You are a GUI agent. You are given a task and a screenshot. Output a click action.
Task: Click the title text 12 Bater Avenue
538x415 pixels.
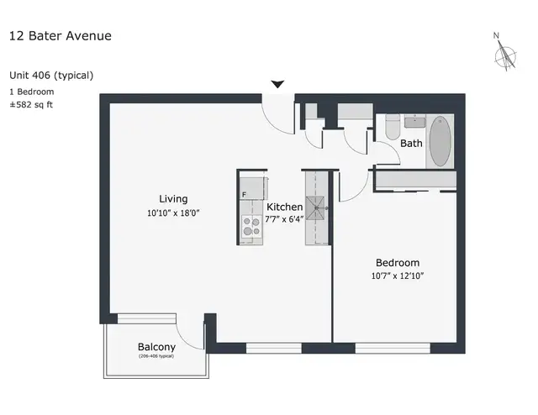point(60,35)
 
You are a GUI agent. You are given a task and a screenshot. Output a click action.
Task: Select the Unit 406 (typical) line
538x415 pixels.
point(50,75)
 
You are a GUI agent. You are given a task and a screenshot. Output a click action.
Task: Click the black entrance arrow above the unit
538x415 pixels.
point(277,84)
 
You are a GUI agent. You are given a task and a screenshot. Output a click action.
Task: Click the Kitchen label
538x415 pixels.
point(284,207)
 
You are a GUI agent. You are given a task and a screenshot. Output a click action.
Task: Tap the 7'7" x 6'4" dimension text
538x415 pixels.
point(284,220)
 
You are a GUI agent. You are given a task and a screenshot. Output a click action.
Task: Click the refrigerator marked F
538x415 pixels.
point(251,189)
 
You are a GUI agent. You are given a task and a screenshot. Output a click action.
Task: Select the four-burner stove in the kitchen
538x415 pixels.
point(251,225)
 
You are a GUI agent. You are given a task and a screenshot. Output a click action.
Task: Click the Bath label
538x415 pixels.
point(411,144)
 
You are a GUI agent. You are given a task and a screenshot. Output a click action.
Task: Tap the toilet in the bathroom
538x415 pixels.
point(392,129)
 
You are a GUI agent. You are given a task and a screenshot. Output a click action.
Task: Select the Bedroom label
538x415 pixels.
point(397,263)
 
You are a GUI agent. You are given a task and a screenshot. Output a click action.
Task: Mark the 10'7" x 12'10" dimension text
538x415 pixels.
point(397,276)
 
